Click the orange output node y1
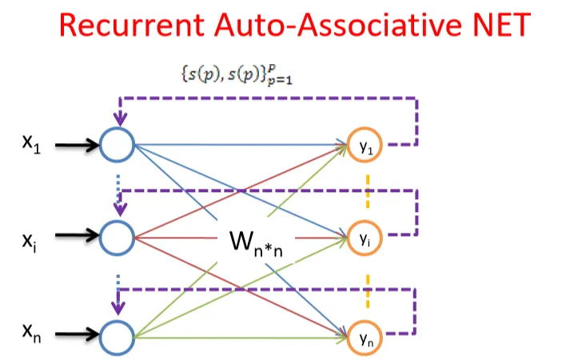coord(363,146)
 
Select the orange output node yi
coord(363,237)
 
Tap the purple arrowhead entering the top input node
coord(120,120)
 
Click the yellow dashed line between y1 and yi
coord(367,192)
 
